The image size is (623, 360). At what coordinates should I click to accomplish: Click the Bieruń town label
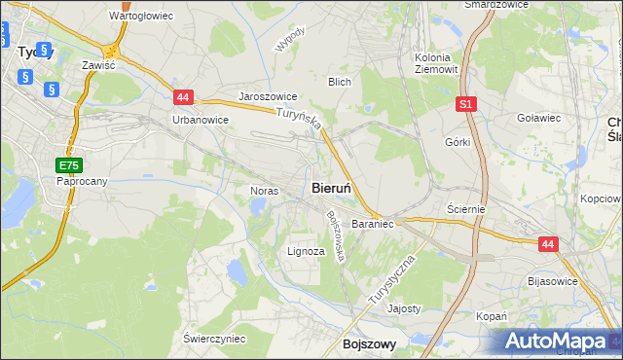pyautogui.click(x=338, y=188)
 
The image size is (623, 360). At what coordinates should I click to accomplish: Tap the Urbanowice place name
pyautogui.click(x=200, y=120)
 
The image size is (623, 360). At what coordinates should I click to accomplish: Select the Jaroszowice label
pyautogui.click(x=268, y=97)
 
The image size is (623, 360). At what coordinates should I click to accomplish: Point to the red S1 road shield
pyautogui.click(x=467, y=103)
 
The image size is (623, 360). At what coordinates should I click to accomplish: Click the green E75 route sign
pyautogui.click(x=68, y=165)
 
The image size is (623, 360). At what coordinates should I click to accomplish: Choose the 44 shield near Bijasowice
pyautogui.click(x=549, y=245)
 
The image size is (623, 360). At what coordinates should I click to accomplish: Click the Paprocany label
pyautogui.click(x=81, y=181)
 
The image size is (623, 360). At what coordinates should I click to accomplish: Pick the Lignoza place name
pyautogui.click(x=306, y=251)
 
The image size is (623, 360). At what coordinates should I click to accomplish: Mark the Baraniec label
pyautogui.click(x=372, y=224)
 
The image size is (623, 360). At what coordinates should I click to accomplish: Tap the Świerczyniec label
pyautogui.click(x=214, y=339)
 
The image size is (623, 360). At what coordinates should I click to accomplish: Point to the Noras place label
pyautogui.click(x=265, y=191)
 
